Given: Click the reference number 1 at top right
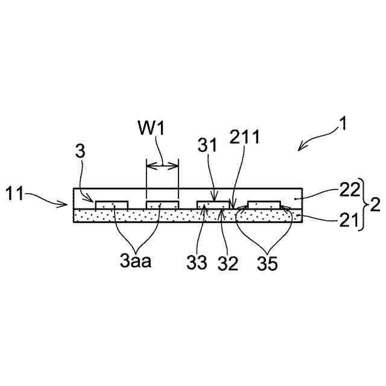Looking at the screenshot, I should pos(342,125).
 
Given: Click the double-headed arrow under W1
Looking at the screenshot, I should pos(163,165).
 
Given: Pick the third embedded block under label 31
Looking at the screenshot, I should pos(215,206).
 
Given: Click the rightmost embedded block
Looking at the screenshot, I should pos(265,206).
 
